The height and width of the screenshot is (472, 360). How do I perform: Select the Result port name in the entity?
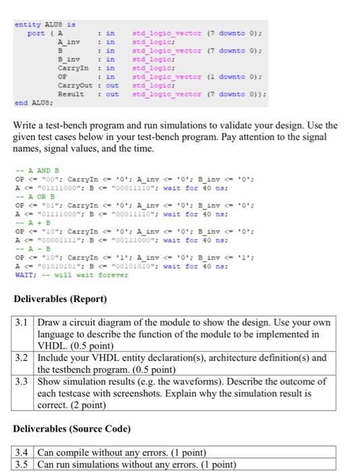pyautogui.click(x=71, y=94)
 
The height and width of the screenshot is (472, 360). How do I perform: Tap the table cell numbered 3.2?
pyautogui.click(x=24, y=358)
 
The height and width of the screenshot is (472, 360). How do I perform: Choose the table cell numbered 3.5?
pyautogui.click(x=24, y=464)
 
